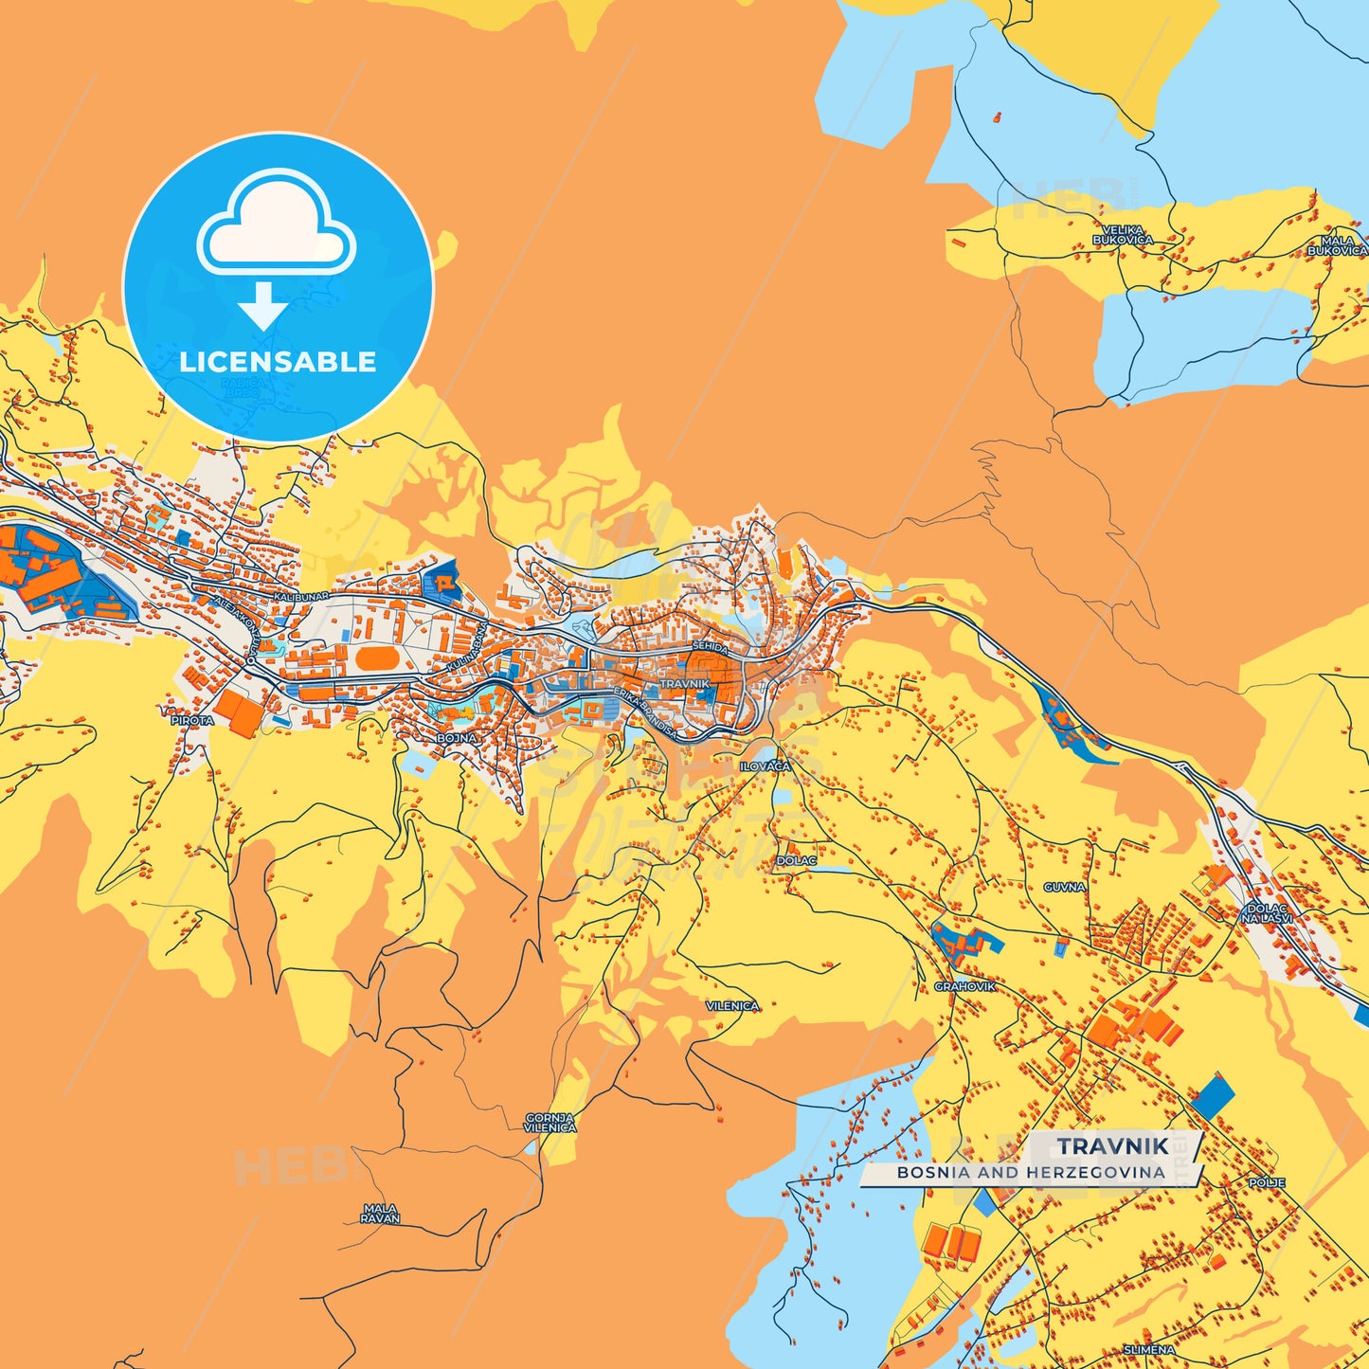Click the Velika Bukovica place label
pyautogui.click(x=1123, y=235)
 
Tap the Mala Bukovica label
pyautogui.click(x=1337, y=246)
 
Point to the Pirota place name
pyautogui.click(x=192, y=720)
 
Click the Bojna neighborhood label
pyautogui.click(x=456, y=737)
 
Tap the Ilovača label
pyautogui.click(x=765, y=766)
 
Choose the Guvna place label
pyautogui.click(x=1064, y=888)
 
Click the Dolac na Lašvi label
pyautogui.click(x=1267, y=913)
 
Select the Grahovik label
pyautogui.click(x=965, y=986)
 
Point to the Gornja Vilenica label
pyautogui.click(x=550, y=1124)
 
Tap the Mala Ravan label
pyautogui.click(x=380, y=1214)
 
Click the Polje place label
pyautogui.click(x=1267, y=1183)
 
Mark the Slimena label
pyautogui.click(x=1148, y=1349)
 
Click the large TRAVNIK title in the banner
pyautogui.click(x=1113, y=1146)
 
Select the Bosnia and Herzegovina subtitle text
pyautogui.click(x=1031, y=1173)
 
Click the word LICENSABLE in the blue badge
pyautogui.click(x=278, y=362)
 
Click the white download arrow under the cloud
pyautogui.click(x=263, y=305)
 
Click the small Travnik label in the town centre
pyautogui.click(x=684, y=683)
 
